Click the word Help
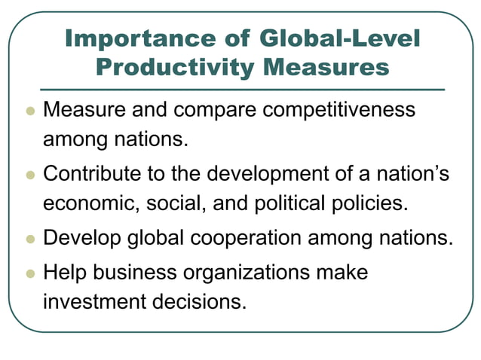tap(66, 271)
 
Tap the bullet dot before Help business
tap(29, 272)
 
